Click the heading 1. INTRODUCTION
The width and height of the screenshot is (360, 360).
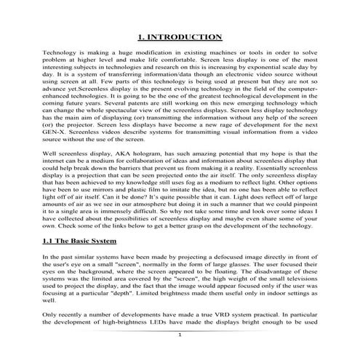tap(180, 36)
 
